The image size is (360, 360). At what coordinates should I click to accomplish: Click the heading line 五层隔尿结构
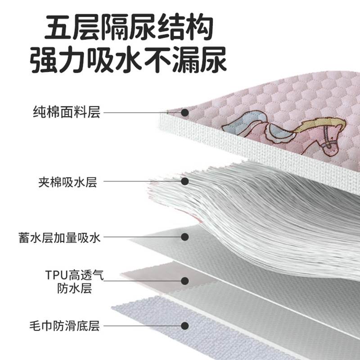pyautogui.click(x=129, y=27)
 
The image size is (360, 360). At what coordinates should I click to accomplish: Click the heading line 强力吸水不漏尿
pyautogui.click(x=128, y=60)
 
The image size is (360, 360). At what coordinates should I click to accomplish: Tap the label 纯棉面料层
pyautogui.click(x=67, y=112)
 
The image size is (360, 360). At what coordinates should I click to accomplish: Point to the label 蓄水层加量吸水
pyautogui.click(x=59, y=238)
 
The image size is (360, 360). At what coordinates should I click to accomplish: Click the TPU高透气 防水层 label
pyautogui.click(x=75, y=282)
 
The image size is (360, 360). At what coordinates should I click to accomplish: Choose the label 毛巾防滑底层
pyautogui.click(x=64, y=326)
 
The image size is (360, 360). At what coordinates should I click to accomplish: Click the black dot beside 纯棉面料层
pyautogui.click(x=185, y=113)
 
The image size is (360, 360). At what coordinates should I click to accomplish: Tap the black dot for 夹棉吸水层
pyautogui.click(x=185, y=181)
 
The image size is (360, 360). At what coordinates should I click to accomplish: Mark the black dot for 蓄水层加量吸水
pyautogui.click(x=185, y=237)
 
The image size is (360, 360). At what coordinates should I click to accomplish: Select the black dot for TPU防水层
pyautogui.click(x=185, y=281)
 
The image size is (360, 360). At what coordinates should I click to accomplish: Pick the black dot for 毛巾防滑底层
pyautogui.click(x=185, y=326)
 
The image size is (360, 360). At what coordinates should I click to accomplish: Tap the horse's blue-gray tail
pyautogui.click(x=243, y=123)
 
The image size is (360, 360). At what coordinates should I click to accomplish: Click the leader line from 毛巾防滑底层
pyautogui.click(x=142, y=326)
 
